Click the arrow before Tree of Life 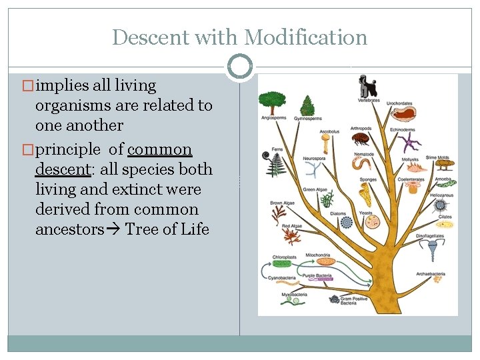113,230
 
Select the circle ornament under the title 239,67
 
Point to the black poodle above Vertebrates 367,86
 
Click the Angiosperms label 273,119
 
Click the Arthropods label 361,128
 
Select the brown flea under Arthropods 361,141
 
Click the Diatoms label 338,214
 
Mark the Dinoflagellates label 430,237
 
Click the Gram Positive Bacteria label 353,302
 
